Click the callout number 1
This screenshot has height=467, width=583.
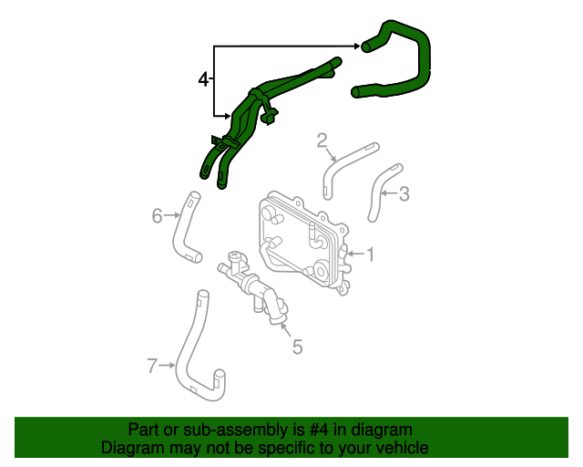point(371,254)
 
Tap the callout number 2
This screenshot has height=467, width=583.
point(322,140)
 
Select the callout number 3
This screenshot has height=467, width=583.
point(404,193)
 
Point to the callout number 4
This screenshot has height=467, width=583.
point(203,80)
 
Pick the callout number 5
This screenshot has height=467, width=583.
point(296,346)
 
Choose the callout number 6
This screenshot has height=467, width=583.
point(157,215)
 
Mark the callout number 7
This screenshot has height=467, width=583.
point(152,366)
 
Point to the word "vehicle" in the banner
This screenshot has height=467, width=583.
point(404,448)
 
